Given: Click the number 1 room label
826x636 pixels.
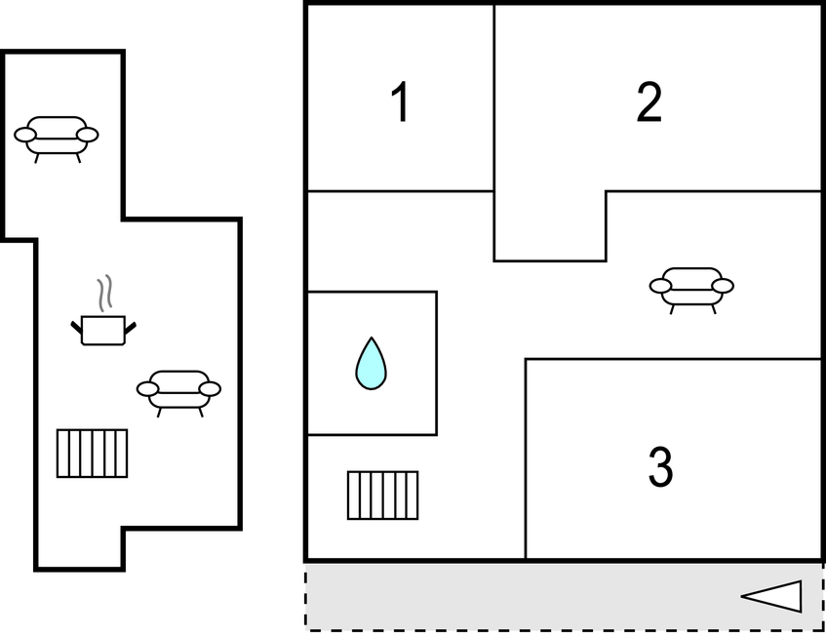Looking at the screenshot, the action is click(401, 101).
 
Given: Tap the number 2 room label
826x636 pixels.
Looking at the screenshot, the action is click(649, 101).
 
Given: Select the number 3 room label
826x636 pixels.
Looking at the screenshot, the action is click(660, 466).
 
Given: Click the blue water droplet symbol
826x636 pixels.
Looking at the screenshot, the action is click(371, 364).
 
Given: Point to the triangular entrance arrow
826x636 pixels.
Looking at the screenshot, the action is click(771, 596).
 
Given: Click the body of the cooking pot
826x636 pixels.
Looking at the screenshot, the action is click(103, 331).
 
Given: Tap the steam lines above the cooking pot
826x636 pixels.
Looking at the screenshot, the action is click(104, 293).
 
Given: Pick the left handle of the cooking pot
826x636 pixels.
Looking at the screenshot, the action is click(76, 327).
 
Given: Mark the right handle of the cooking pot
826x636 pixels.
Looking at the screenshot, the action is click(130, 328).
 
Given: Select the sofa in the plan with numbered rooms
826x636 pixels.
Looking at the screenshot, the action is click(691, 291).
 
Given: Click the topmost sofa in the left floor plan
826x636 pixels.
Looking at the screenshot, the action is click(56, 139).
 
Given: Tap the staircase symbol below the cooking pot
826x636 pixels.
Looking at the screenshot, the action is click(93, 454).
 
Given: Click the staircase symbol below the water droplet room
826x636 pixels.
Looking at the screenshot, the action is click(383, 496).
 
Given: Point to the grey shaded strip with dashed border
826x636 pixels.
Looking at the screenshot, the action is click(564, 596).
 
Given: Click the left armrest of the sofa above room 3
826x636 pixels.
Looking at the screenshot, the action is click(660, 286).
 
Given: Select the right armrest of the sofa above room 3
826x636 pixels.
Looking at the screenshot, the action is click(723, 286).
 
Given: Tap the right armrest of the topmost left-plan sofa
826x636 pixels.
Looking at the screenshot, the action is click(88, 135).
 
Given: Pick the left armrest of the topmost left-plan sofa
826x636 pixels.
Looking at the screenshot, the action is click(24, 135).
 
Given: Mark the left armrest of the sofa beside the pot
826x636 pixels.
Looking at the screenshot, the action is click(147, 389).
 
